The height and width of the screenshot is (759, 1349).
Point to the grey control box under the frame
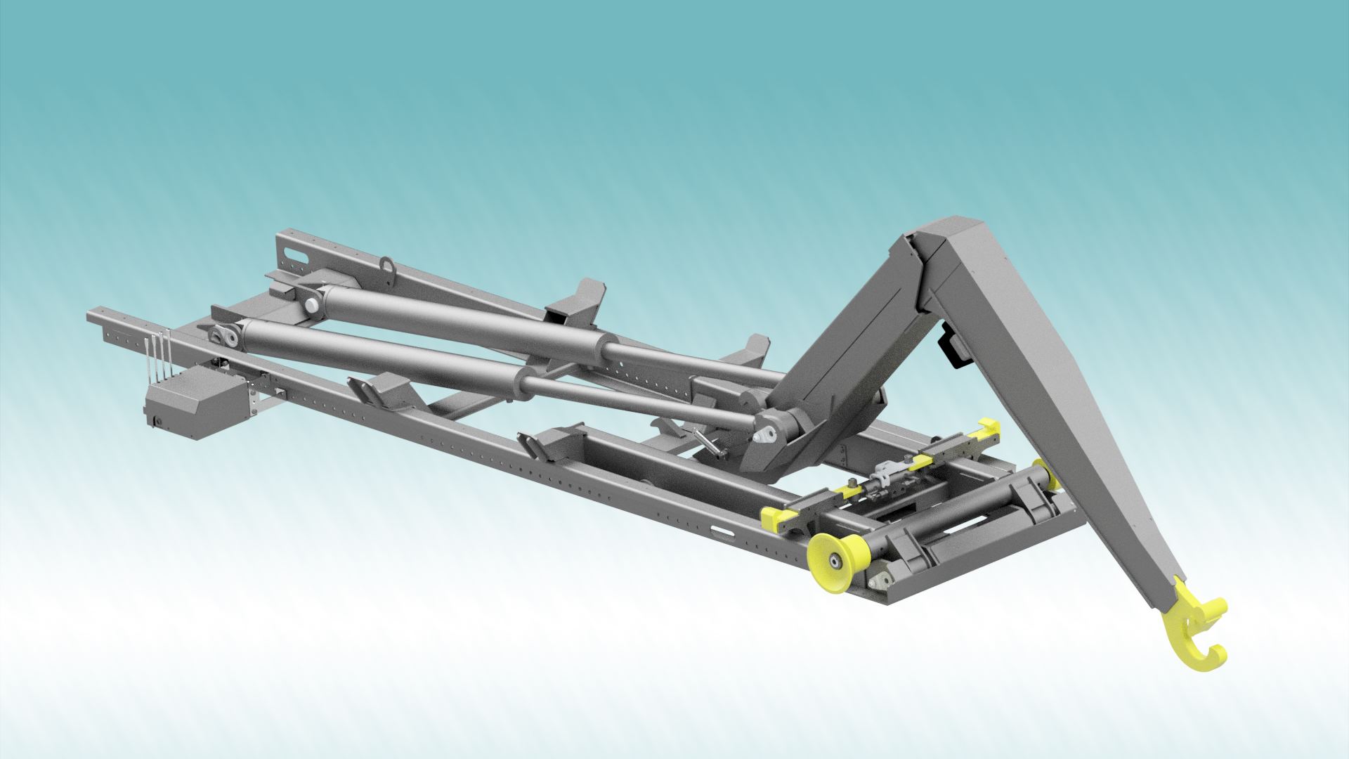click(x=184, y=405)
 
